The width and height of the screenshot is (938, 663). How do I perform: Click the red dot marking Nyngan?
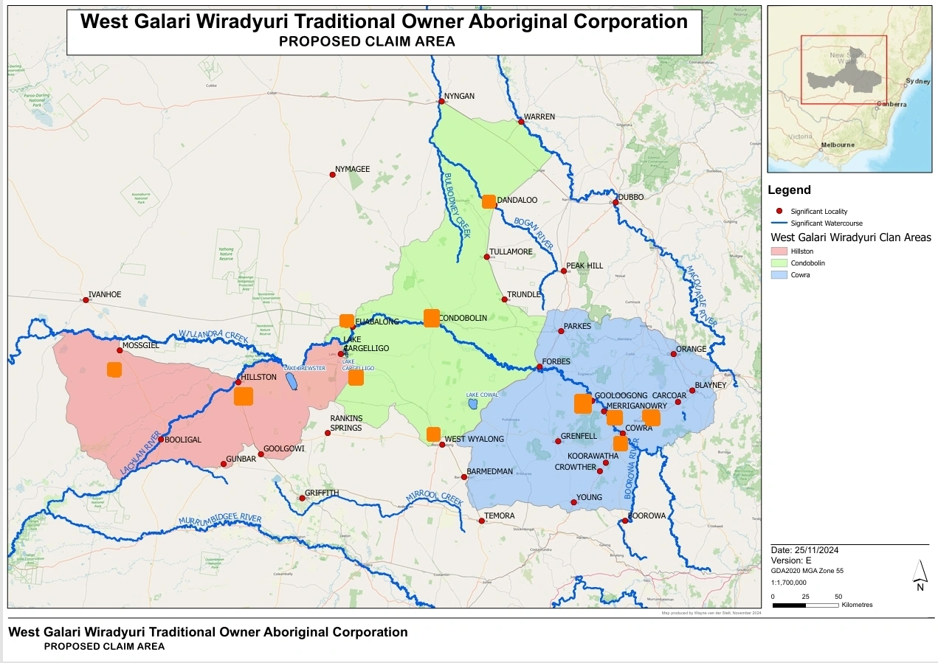point(441,101)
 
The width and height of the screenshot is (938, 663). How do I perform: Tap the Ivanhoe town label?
point(104,294)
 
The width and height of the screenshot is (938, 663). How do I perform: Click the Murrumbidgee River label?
point(220,521)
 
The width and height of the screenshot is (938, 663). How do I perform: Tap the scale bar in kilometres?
point(806,605)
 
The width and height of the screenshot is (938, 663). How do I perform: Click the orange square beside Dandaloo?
point(489,201)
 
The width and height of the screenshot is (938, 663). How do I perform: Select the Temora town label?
point(500,516)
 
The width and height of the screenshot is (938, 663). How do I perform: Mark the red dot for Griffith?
point(301,499)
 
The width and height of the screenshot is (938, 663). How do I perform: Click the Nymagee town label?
point(352,170)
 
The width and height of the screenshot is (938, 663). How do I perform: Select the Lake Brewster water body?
point(292,381)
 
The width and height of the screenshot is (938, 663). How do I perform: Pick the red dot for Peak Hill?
point(564,271)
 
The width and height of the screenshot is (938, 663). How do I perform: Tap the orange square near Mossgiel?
point(114,369)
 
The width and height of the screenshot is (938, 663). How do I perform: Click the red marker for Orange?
point(674,354)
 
